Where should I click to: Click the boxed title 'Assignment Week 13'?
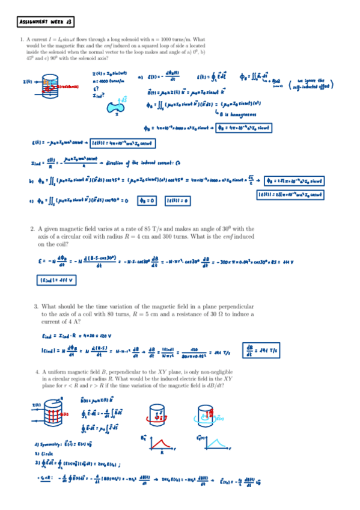46,22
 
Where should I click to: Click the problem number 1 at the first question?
22,40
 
